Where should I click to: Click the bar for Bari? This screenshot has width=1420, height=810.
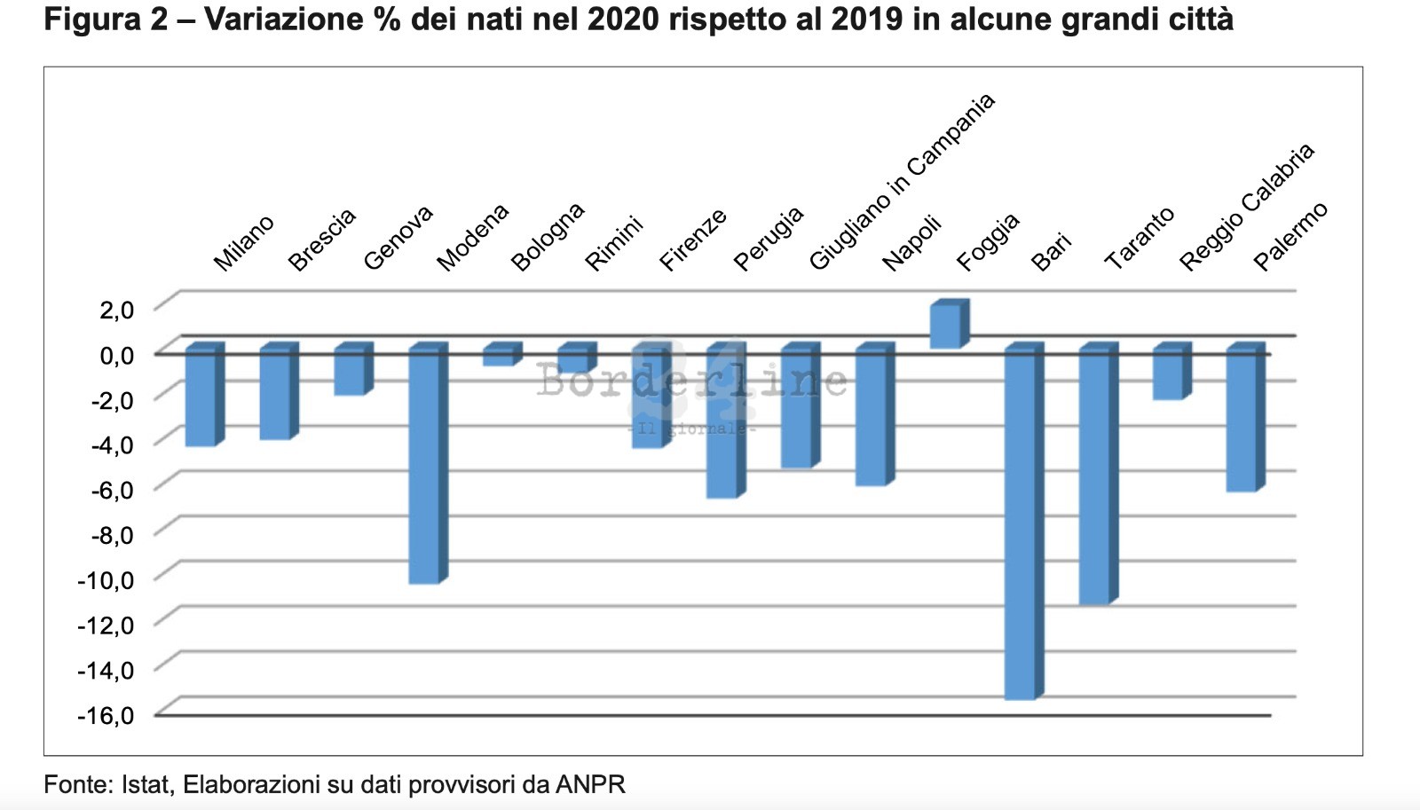[1020, 523]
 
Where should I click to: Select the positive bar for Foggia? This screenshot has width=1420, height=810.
[944, 326]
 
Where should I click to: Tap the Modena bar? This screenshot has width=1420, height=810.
[423, 466]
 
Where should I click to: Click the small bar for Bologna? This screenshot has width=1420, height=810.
[498, 357]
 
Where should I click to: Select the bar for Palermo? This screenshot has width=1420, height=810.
[1242, 421]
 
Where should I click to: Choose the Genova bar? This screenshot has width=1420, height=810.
[349, 373]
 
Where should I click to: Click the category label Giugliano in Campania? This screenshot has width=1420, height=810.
[901, 183]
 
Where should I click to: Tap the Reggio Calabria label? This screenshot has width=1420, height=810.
[1245, 208]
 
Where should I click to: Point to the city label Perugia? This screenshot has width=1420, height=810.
[768, 238]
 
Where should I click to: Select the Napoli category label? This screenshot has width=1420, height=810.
[911, 243]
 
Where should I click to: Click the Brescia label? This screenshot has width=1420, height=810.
[321, 240]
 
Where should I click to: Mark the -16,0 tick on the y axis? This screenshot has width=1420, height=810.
[106, 715]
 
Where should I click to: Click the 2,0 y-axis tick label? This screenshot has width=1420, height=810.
[116, 310]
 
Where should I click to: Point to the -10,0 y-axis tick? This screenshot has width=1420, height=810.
[106, 580]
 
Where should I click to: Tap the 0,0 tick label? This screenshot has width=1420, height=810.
[116, 355]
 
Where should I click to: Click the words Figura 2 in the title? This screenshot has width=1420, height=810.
[106, 20]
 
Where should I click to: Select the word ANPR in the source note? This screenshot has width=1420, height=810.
[590, 784]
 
